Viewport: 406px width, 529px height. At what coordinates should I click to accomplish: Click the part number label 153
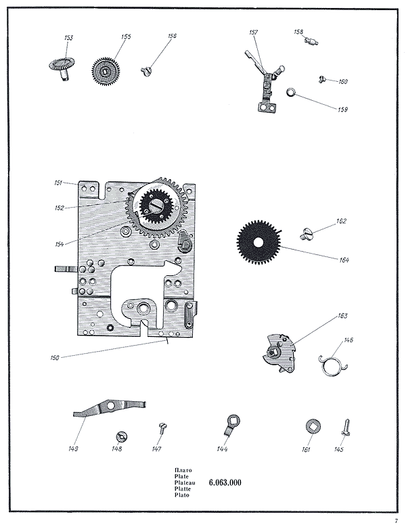point(68,38)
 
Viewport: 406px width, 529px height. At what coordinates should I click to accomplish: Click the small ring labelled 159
point(292,93)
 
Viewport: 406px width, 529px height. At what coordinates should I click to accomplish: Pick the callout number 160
point(343,82)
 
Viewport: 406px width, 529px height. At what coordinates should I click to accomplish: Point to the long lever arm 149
point(108,409)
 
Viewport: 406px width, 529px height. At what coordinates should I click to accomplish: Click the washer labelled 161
point(313,426)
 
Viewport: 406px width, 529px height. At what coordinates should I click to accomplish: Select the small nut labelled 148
point(122,435)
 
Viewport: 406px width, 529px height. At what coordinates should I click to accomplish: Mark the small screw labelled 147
point(162,427)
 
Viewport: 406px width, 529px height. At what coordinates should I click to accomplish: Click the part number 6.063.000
point(225,482)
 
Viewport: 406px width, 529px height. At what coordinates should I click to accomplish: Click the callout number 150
point(54,357)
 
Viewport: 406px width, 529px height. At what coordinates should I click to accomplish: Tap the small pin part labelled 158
point(311,43)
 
